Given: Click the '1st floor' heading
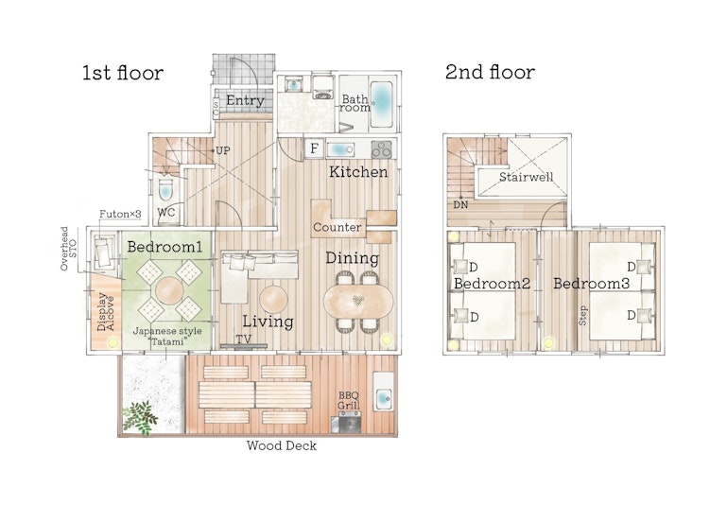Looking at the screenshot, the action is pos(123,73).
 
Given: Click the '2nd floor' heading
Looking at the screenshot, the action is pos(490,72).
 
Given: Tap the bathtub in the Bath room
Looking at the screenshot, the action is pos(382,104).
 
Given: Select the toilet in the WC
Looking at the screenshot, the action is pos(165,190).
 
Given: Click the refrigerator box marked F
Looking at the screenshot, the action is pos(315,148).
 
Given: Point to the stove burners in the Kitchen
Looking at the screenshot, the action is pos(382,149).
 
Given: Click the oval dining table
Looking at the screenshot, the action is pos(358,302).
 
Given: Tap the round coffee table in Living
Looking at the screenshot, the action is pos(273,299).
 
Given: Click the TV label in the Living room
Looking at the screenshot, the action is pos(243,339).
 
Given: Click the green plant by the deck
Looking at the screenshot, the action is pos(139,417).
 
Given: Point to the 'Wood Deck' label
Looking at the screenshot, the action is pos(282,445).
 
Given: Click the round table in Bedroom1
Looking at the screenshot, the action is pos(169,290).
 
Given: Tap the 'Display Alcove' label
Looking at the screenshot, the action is pos(106,312).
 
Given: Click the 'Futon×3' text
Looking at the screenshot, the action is pos(120,214).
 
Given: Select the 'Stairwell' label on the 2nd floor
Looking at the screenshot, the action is pos(527,177).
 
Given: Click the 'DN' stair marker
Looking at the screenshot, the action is pos(460,204).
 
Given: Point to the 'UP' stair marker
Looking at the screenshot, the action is pos(222,150).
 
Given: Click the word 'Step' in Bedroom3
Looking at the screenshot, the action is pos(582,315).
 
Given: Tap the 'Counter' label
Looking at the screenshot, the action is pos(338,227).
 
